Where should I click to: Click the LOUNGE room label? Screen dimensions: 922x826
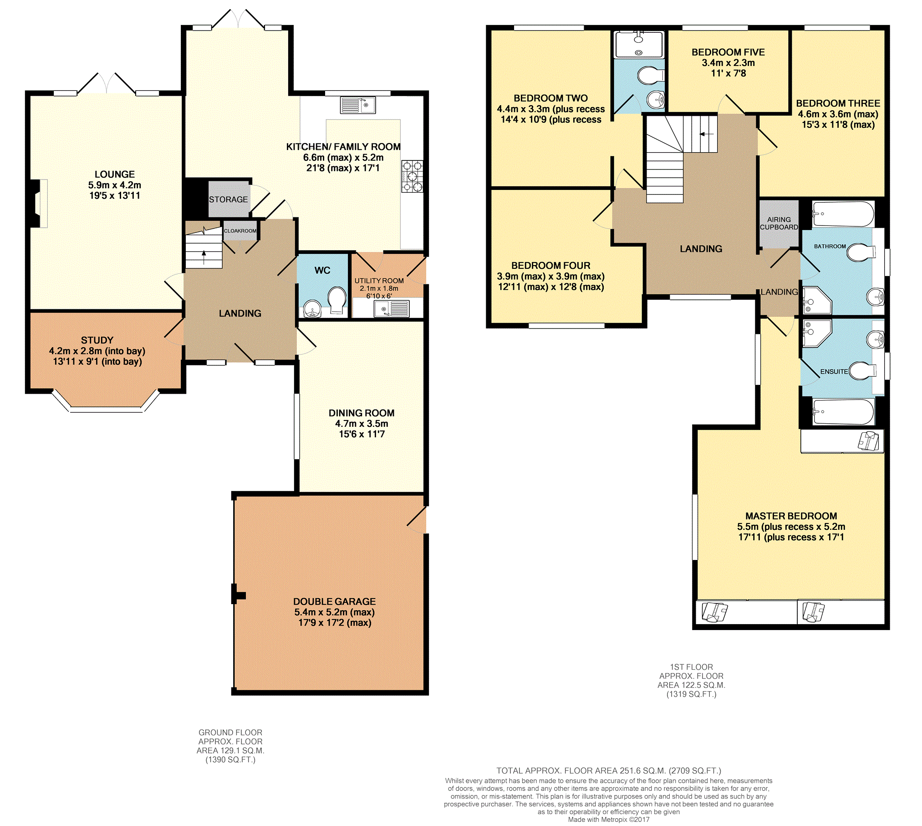tap(115, 174)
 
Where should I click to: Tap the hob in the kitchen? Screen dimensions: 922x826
tap(412, 176)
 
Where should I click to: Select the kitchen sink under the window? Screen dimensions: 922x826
tap(358, 105)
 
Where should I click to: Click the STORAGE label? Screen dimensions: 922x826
tap(228, 200)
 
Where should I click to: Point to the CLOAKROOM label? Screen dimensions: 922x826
tap(240, 231)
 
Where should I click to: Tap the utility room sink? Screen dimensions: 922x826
tap(392, 309)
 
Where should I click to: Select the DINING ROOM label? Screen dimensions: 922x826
tap(362, 413)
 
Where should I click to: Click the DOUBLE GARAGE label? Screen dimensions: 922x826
tap(334, 602)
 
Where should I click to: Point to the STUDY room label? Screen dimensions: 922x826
tap(97, 340)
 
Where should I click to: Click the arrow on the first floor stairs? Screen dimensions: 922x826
tap(707, 134)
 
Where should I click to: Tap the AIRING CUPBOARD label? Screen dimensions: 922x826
tap(779, 223)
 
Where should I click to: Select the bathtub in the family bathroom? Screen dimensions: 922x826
tap(843, 214)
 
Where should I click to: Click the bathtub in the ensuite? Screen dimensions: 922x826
tap(843, 411)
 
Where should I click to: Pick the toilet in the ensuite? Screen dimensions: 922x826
tap(862, 370)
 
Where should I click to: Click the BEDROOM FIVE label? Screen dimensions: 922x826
tap(728, 52)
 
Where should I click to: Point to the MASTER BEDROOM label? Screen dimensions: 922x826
tap(791, 516)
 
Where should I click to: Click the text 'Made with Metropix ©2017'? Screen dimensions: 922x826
tap(609, 819)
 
